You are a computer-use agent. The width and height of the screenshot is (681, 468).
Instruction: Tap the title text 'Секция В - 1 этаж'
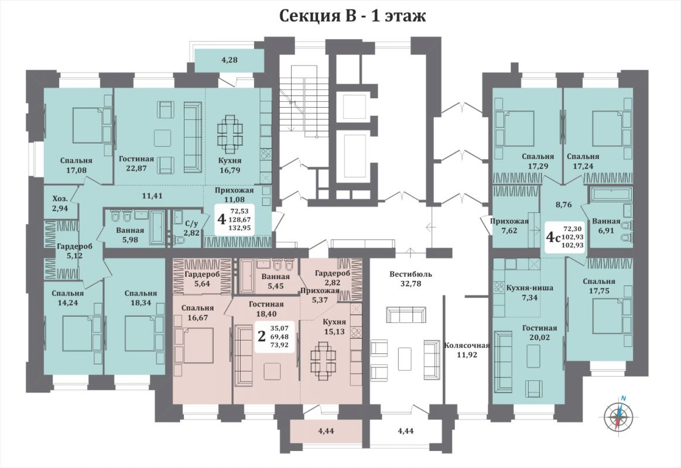coord(353,16)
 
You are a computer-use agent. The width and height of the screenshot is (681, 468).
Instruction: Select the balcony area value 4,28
coord(230,60)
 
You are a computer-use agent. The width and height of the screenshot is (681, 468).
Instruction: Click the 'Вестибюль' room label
coord(411,274)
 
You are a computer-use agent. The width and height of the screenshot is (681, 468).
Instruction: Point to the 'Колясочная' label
coord(467,346)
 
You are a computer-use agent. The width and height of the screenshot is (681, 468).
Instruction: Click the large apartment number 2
coord(262,336)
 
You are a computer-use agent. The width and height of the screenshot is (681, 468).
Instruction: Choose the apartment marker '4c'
coord(552,237)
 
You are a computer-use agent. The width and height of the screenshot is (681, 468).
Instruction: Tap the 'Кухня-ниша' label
coord(530,288)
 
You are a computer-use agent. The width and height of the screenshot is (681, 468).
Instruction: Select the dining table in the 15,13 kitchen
coord(324,362)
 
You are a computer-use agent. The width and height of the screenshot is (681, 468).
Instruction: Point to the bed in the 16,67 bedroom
coord(194,350)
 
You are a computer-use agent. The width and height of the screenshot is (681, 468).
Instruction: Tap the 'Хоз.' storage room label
coord(60,199)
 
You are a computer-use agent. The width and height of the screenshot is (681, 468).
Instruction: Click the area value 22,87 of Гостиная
coord(136,168)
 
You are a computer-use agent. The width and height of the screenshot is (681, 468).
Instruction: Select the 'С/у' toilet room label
coord(191,224)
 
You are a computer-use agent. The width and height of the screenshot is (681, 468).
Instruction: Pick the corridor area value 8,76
coord(564,205)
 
